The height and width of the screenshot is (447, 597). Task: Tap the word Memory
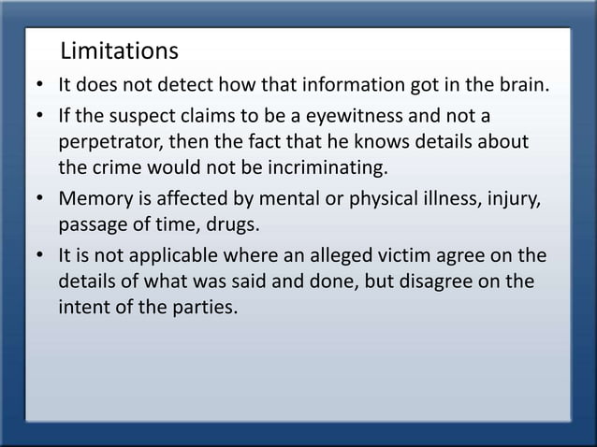pos(95,198)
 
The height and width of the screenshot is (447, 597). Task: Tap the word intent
pos(83,308)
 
